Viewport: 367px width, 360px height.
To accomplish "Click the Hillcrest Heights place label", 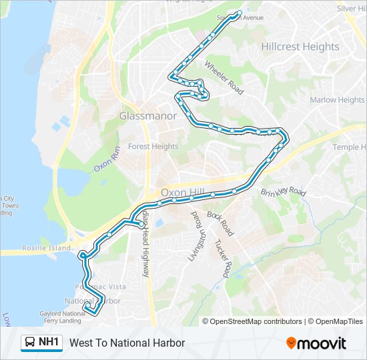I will coord(300,47).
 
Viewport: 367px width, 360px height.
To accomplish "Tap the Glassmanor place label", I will coord(148,116).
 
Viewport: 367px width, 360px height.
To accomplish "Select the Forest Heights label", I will coord(153,147).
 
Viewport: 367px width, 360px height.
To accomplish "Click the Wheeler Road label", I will coord(224,77).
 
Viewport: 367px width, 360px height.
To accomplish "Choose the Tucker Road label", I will coord(222,259).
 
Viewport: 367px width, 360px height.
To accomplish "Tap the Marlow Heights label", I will coord(337,100).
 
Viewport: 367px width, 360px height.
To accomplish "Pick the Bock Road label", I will coord(220,225).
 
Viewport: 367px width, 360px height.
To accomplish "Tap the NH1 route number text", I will coord(49,343).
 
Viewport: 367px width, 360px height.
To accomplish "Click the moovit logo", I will coord(316,343).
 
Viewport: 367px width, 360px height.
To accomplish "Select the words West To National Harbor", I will coord(127,343).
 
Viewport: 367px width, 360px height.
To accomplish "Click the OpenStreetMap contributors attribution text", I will coord(256,321).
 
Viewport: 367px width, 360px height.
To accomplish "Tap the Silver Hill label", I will coord(352,9).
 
